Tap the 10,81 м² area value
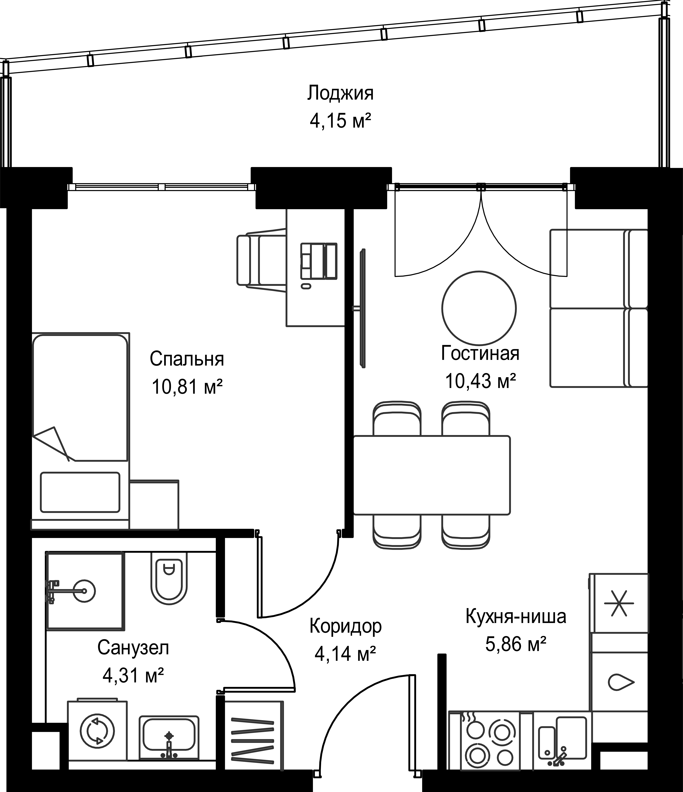(187, 387)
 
